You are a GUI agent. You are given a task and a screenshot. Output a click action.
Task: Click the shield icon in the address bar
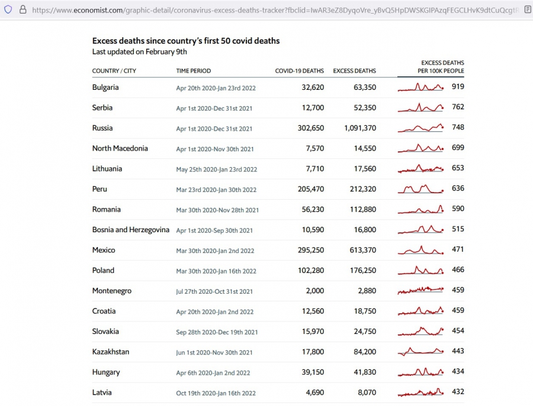point(8,9)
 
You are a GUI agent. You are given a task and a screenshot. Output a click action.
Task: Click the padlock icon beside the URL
point(23,9)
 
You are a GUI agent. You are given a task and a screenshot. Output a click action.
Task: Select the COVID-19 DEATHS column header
point(299,71)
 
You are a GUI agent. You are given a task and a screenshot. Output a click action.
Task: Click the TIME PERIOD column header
point(194,71)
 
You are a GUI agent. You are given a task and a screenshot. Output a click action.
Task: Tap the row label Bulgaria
point(105,87)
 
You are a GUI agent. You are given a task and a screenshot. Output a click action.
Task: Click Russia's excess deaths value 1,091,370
point(359,128)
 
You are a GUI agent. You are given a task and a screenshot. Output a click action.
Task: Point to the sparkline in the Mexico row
point(420,251)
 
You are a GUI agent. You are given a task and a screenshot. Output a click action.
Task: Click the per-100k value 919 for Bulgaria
point(458,87)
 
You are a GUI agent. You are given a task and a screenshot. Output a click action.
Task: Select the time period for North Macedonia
point(215,149)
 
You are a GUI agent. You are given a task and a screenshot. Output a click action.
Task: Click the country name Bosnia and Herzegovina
point(130,230)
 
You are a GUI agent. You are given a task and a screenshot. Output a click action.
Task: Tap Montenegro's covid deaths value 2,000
point(314,291)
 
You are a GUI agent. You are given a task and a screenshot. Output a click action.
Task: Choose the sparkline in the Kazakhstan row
point(420,352)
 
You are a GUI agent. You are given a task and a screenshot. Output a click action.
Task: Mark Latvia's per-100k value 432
point(458,392)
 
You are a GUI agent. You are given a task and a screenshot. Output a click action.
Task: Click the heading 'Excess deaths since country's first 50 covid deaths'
point(186,41)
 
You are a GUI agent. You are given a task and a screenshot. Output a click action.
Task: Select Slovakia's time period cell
point(217,332)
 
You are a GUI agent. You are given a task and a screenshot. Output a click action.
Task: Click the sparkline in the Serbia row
point(420,108)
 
